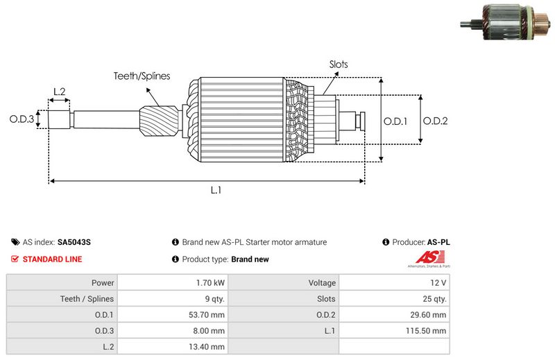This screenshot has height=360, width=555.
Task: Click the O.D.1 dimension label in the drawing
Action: (x=395, y=121)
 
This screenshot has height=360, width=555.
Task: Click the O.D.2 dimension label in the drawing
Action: (x=435, y=121)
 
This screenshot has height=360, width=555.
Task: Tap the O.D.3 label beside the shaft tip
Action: (x=22, y=119)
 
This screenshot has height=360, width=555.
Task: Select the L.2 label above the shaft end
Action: (x=59, y=92)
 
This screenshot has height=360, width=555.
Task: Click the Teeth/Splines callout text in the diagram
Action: (x=142, y=76)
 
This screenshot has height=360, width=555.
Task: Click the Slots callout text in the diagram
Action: (x=339, y=65)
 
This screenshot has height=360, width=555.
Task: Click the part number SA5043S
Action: (x=74, y=243)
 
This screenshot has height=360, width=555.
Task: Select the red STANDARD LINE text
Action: (x=52, y=259)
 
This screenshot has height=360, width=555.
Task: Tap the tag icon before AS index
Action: (x=15, y=243)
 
